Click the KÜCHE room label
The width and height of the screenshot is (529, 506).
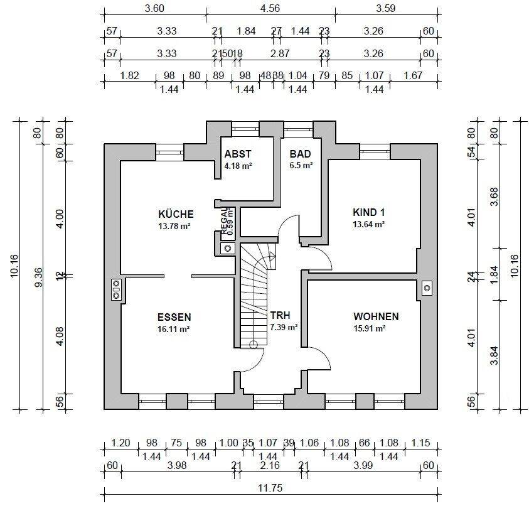[176, 214]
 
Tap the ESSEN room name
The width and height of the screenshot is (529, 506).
[174, 317]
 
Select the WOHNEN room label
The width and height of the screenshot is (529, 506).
[376, 316]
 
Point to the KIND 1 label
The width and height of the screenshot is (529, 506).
[368, 212]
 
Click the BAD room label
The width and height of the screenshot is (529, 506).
[300, 154]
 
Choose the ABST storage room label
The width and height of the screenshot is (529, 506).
[238, 154]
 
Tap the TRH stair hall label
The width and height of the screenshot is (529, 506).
[280, 315]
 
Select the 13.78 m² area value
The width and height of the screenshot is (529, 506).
[174, 226]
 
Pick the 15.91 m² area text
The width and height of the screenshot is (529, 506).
[370, 328]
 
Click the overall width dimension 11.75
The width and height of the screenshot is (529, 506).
[270, 488]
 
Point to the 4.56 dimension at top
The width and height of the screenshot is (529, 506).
[270, 8]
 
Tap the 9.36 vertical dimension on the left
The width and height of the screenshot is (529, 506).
[39, 277]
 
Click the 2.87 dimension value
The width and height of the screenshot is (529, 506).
[280, 53]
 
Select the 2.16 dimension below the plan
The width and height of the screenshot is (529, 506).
[270, 465]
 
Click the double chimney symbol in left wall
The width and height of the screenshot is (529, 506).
[116, 289]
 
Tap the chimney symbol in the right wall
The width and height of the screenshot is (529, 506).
[427, 288]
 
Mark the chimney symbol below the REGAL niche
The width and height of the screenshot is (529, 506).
[228, 249]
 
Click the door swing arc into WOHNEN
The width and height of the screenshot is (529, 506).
[323, 355]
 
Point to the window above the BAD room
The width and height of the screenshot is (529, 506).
[299, 129]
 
